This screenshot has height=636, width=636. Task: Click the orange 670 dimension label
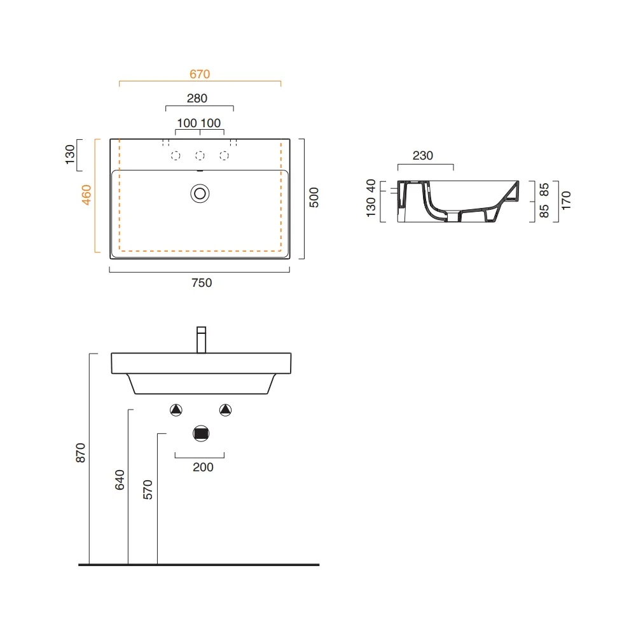point(200,74)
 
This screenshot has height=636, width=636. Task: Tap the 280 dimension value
point(197,98)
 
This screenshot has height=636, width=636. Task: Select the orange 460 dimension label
point(86,195)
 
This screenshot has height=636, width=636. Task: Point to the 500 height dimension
point(314,198)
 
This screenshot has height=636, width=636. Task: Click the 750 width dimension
point(202,283)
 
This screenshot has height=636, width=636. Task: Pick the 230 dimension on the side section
point(423,155)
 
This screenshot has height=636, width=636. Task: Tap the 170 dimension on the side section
point(566,200)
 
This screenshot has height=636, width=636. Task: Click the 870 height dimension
point(80,453)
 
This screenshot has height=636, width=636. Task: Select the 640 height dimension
point(120,480)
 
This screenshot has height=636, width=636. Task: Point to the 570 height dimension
point(148,490)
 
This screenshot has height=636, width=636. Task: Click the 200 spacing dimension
point(203,467)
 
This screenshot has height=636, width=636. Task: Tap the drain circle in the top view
point(200,193)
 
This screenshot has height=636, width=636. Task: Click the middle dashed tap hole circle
point(200,156)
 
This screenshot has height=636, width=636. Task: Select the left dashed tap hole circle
point(176,156)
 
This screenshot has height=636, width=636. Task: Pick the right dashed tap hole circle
point(224,156)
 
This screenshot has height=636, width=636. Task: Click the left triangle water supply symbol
point(176,410)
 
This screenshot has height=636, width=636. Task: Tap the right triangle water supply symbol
point(226,410)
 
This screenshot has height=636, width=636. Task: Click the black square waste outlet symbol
point(201,434)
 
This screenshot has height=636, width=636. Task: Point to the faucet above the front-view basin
point(201,340)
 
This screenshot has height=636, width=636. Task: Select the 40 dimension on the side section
point(371,186)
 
